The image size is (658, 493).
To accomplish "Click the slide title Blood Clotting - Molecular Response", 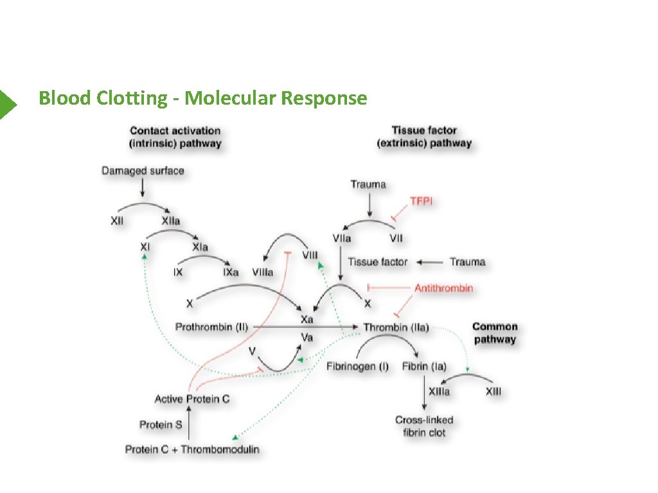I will click(202, 98).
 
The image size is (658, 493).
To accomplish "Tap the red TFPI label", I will click(422, 201).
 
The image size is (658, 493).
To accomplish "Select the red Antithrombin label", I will click(443, 288).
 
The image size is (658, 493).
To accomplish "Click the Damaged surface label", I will click(143, 171).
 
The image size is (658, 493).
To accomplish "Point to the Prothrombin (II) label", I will click(211, 327).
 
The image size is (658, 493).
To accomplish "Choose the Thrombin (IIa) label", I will click(396, 327).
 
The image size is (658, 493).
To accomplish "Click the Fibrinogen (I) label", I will click(357, 367).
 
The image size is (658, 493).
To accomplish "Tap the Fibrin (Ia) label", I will click(424, 367).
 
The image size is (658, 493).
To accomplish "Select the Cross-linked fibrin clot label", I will click(424, 426).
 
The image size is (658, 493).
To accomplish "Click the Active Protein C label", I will click(192, 399).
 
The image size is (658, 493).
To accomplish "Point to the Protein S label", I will click(161, 424).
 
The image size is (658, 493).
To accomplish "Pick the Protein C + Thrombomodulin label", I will click(192, 449).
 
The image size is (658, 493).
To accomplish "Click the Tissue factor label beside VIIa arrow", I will click(378, 262).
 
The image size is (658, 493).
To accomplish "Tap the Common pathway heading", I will click(495, 333).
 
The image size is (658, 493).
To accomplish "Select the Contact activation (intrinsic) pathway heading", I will click(175, 137).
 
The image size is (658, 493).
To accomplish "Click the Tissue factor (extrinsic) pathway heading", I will click(424, 137).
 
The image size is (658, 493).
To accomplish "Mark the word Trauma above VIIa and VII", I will click(368, 184).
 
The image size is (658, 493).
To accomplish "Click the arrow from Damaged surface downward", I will click(143, 188).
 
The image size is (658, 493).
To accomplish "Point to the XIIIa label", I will click(439, 392).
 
